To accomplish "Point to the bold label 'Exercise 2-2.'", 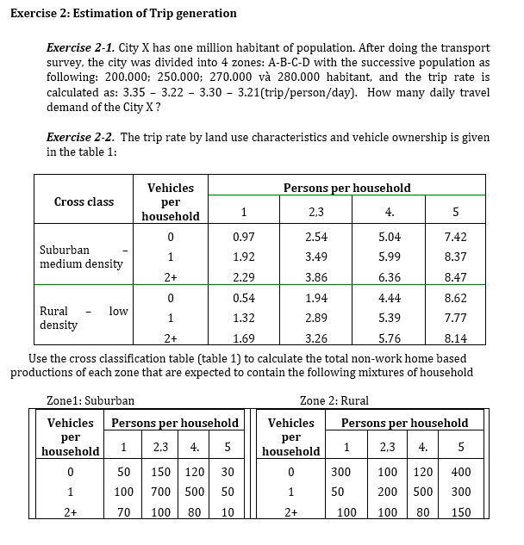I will click(80, 138).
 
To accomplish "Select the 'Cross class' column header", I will click(84, 201).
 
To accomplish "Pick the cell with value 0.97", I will click(243, 236).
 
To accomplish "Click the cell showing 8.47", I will click(455, 277).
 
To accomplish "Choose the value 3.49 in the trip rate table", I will click(315, 257).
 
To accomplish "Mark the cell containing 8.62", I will click(455, 298).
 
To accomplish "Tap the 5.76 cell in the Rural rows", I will click(390, 339).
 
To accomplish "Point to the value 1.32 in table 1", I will click(243, 319).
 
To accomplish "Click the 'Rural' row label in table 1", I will click(54, 311).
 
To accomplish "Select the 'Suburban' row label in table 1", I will click(65, 250).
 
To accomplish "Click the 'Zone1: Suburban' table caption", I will click(90, 400).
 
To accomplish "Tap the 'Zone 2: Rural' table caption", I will click(334, 400).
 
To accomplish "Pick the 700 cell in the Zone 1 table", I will click(159, 492).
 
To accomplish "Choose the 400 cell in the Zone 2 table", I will click(460, 472).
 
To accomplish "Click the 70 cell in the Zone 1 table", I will click(124, 512).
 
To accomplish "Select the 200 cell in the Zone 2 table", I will click(388, 492).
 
